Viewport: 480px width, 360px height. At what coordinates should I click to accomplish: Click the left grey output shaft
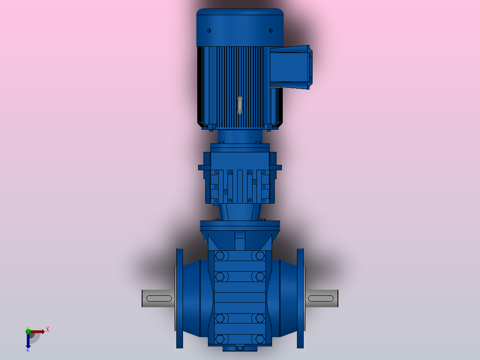(158, 299)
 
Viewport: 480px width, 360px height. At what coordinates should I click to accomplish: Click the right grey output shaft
(321, 299)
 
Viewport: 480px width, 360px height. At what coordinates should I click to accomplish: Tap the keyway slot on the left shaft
(159, 299)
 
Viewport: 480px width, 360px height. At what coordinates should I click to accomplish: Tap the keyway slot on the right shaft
(321, 299)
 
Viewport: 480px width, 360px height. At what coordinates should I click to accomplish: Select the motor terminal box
(291, 67)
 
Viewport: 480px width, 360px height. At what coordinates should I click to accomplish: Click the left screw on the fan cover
(209, 31)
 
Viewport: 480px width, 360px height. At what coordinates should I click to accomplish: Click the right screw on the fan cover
(271, 31)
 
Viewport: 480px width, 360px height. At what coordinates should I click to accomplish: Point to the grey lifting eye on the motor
(240, 106)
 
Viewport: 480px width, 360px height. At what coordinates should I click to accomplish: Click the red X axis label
(48, 330)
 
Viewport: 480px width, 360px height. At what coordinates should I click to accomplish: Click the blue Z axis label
(28, 349)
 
